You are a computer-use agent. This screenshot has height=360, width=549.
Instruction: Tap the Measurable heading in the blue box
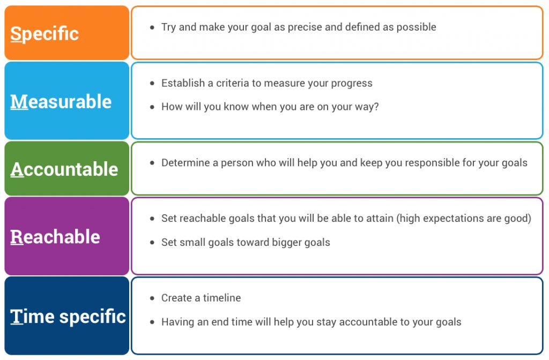(x=61, y=102)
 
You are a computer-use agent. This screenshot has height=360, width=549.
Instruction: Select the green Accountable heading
(x=64, y=169)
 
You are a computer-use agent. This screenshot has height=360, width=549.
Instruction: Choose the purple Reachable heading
(x=55, y=237)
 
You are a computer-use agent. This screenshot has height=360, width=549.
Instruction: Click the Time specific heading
(x=68, y=316)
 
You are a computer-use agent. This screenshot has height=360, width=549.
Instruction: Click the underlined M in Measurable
(x=19, y=102)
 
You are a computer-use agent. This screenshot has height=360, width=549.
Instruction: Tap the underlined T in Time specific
(x=16, y=316)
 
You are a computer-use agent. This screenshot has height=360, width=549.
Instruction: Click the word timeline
(x=222, y=298)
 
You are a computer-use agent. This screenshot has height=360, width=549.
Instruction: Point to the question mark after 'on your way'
(x=376, y=107)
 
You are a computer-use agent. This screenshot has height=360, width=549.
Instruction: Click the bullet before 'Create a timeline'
(x=152, y=298)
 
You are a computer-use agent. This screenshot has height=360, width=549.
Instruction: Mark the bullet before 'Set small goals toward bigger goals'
(x=152, y=243)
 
